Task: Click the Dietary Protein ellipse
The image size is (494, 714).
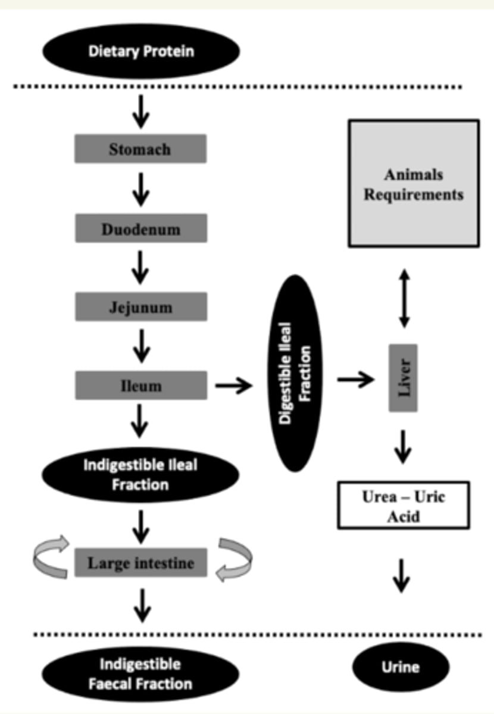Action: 141,51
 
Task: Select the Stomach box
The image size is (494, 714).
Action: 140,149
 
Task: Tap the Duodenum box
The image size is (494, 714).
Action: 141,228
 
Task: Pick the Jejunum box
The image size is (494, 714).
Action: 141,306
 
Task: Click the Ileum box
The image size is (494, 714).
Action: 141,385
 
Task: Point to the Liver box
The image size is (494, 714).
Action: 403,378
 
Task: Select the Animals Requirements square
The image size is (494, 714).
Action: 414,183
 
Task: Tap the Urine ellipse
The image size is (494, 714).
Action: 401,667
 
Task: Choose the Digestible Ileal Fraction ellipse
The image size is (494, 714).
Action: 295,373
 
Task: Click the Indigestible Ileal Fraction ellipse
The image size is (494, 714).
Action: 140,475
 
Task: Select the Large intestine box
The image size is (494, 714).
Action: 140,563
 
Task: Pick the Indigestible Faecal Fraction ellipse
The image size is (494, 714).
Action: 140,674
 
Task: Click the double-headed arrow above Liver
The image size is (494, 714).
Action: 404,298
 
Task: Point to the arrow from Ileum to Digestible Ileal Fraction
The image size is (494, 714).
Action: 234,386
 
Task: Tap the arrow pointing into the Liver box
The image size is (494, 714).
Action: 355,380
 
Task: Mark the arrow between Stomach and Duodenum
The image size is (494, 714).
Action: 141,190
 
